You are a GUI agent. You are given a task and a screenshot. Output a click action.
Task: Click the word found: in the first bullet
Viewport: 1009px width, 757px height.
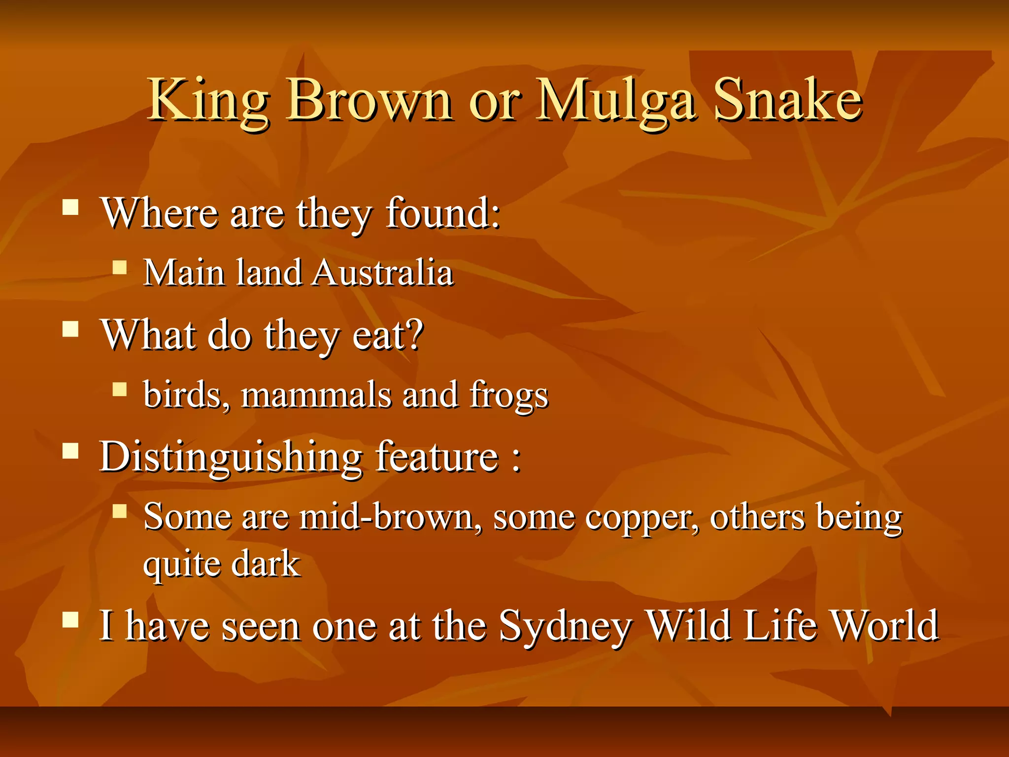coord(443,213)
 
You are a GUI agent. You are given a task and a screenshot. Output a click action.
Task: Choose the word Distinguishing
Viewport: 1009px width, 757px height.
coord(231,457)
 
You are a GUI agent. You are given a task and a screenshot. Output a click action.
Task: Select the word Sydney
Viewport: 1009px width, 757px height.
coord(565,626)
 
